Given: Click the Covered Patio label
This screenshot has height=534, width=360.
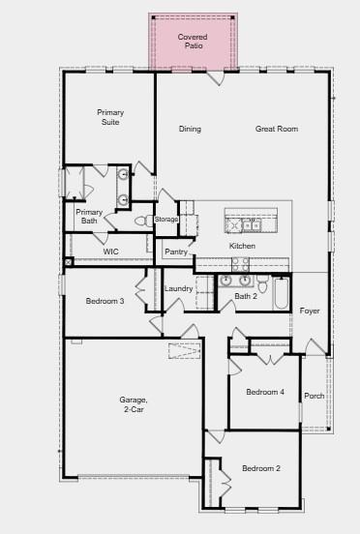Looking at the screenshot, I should point(193,41).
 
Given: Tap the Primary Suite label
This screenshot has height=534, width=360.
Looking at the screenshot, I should point(110,117).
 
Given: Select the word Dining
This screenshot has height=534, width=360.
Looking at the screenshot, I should point(190,129).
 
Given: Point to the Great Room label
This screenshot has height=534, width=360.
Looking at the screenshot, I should point(276,129).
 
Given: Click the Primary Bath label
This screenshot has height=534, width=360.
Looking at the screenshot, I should point(89,216).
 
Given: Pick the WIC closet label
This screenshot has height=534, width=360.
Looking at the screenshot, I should point(111,251).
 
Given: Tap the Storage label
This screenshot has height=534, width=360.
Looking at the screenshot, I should point(166,220).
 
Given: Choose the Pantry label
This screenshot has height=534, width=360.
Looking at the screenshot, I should point(176,252).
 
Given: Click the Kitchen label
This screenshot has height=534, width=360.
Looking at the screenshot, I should point(242,246).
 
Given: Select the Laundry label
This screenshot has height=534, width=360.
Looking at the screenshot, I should point(179,288).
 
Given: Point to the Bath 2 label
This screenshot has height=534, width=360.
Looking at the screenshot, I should point(245,296).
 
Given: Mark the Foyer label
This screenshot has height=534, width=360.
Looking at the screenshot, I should point(310,311).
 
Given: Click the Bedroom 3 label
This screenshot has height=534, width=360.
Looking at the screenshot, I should point(105,301).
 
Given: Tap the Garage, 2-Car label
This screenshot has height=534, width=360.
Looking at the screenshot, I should point(134,404).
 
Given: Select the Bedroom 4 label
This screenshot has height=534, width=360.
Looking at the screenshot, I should point(265,392).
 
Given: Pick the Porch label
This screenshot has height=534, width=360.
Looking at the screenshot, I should point(315,396).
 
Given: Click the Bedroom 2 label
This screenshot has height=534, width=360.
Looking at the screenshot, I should point(261,468).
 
